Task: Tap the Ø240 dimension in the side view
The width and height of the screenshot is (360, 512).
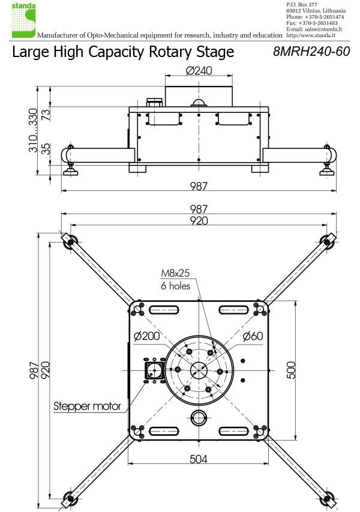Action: click(199, 71)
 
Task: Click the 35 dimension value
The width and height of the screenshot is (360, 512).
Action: click(46, 148)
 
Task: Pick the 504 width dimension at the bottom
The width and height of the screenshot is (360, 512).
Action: click(199, 459)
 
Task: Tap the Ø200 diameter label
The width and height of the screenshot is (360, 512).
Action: click(146, 336)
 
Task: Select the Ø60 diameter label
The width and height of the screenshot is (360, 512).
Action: click(253, 336)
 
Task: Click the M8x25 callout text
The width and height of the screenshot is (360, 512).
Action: click(175, 274)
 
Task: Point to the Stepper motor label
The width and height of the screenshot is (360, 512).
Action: click(88, 406)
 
